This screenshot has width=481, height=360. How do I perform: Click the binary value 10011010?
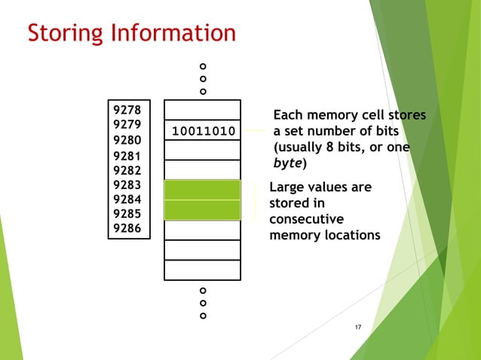[x=203, y=132]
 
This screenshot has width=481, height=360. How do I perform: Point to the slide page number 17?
[x=358, y=326]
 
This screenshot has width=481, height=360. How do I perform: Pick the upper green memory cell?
[x=202, y=190]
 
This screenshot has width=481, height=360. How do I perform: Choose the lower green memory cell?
[x=202, y=209]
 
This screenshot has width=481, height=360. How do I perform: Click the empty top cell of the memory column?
[x=202, y=110]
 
